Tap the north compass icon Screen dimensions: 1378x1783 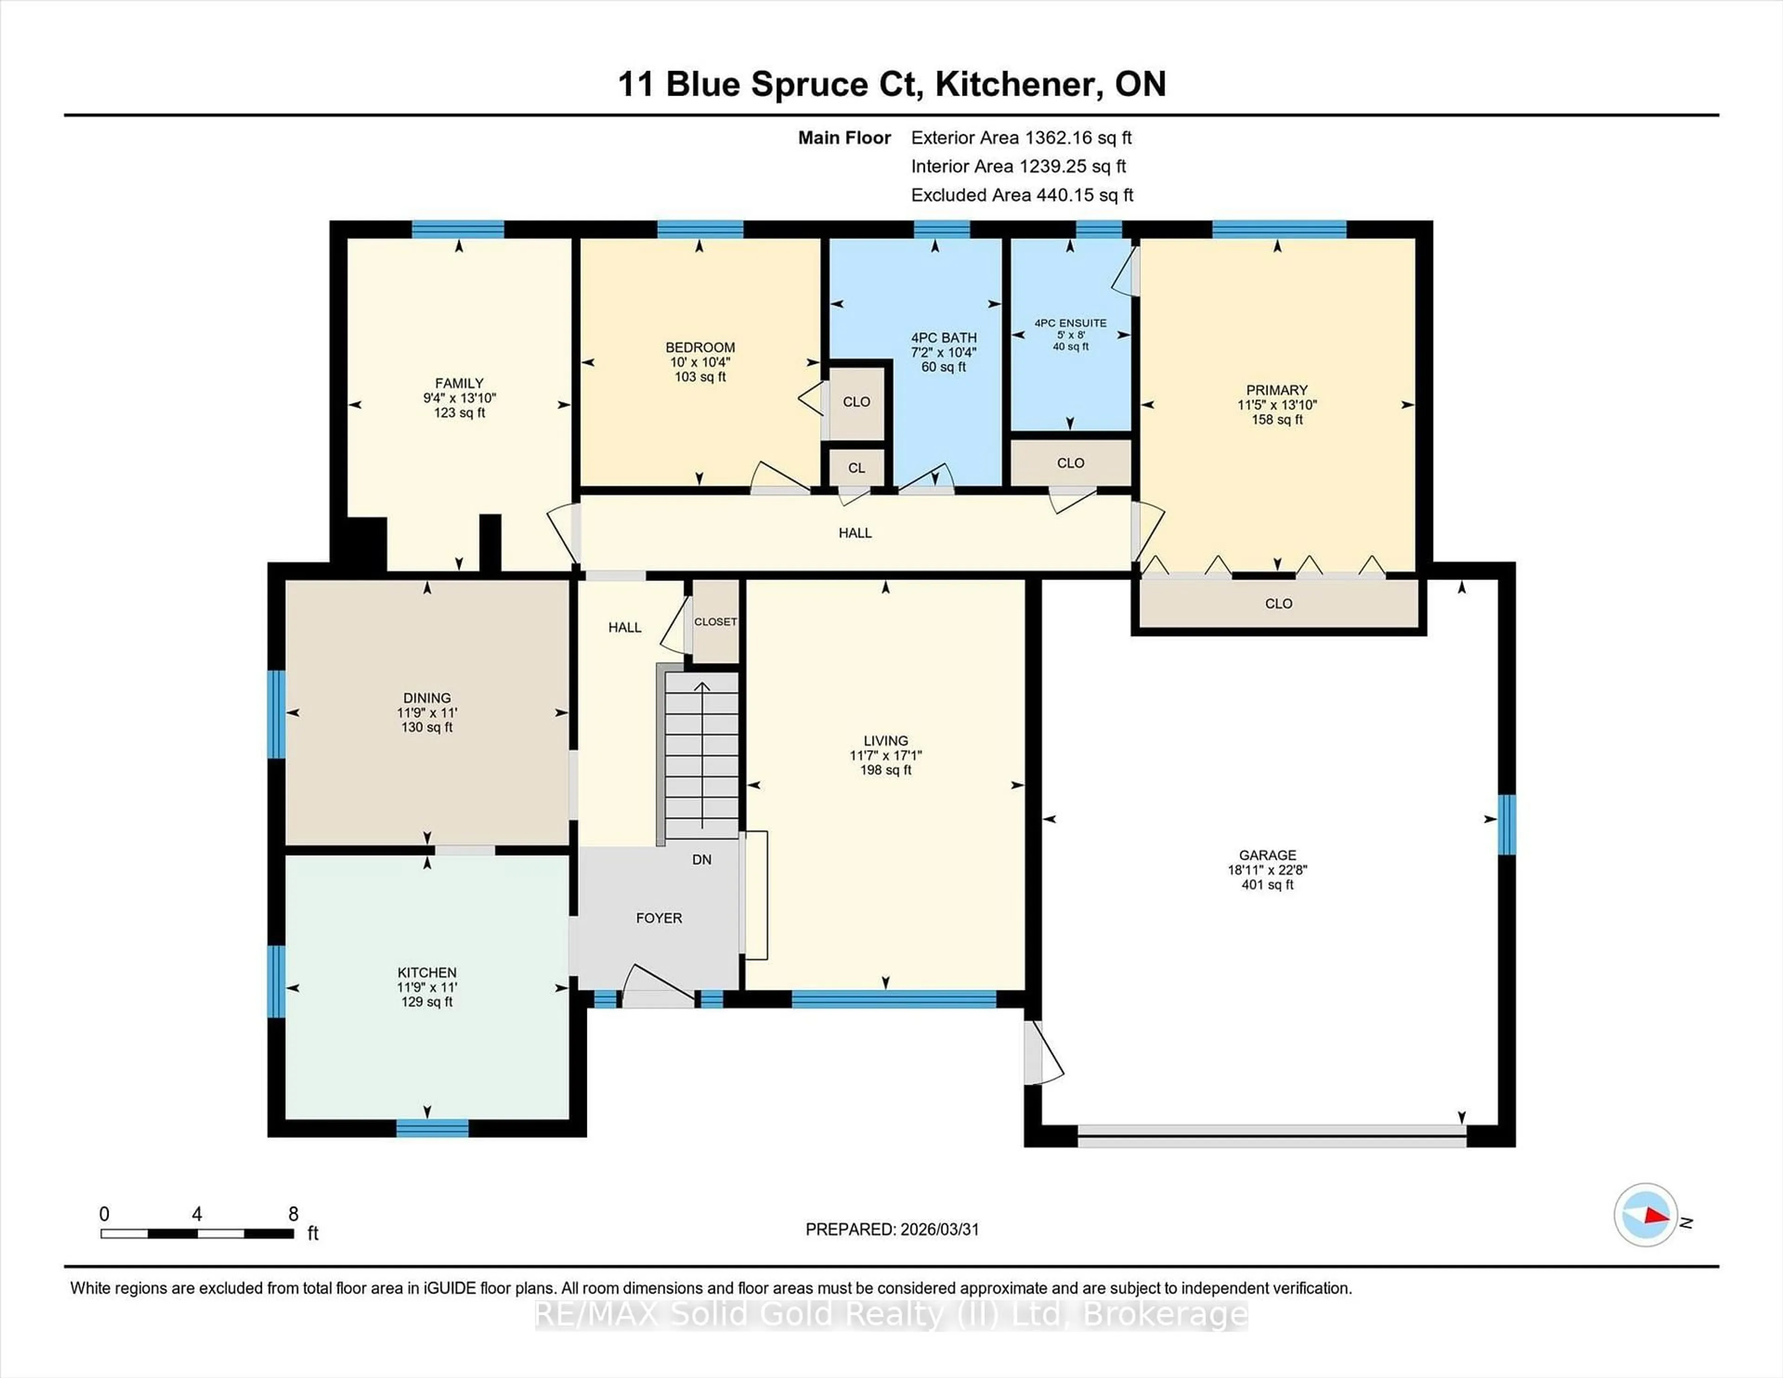pos(1645,1215)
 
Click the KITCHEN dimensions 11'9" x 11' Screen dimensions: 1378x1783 pos(427,987)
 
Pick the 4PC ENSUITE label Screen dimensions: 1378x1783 pos(1070,323)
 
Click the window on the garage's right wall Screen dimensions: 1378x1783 pos(1506,825)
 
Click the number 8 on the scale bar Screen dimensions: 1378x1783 pos(293,1214)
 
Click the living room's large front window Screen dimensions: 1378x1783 pos(893,998)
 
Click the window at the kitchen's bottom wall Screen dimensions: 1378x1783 pos(432,1128)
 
